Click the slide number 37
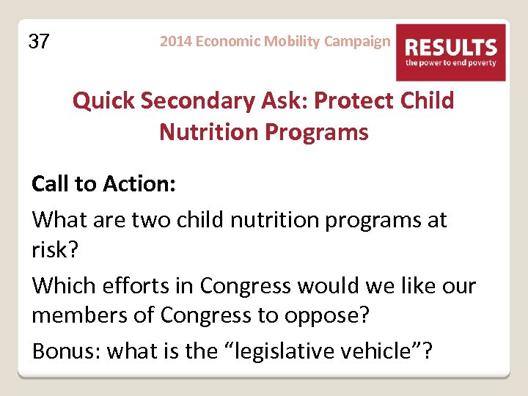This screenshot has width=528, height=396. pyautogui.click(x=39, y=42)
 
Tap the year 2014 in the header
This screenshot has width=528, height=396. pyautogui.click(x=175, y=41)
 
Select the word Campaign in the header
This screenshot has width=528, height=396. pyautogui.click(x=358, y=41)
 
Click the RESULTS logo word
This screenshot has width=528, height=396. pyautogui.click(x=451, y=48)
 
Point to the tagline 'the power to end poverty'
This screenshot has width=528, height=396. pyautogui.click(x=451, y=63)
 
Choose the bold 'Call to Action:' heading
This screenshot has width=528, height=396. pyautogui.click(x=103, y=184)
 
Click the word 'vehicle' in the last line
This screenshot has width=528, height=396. pyautogui.click(x=381, y=351)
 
